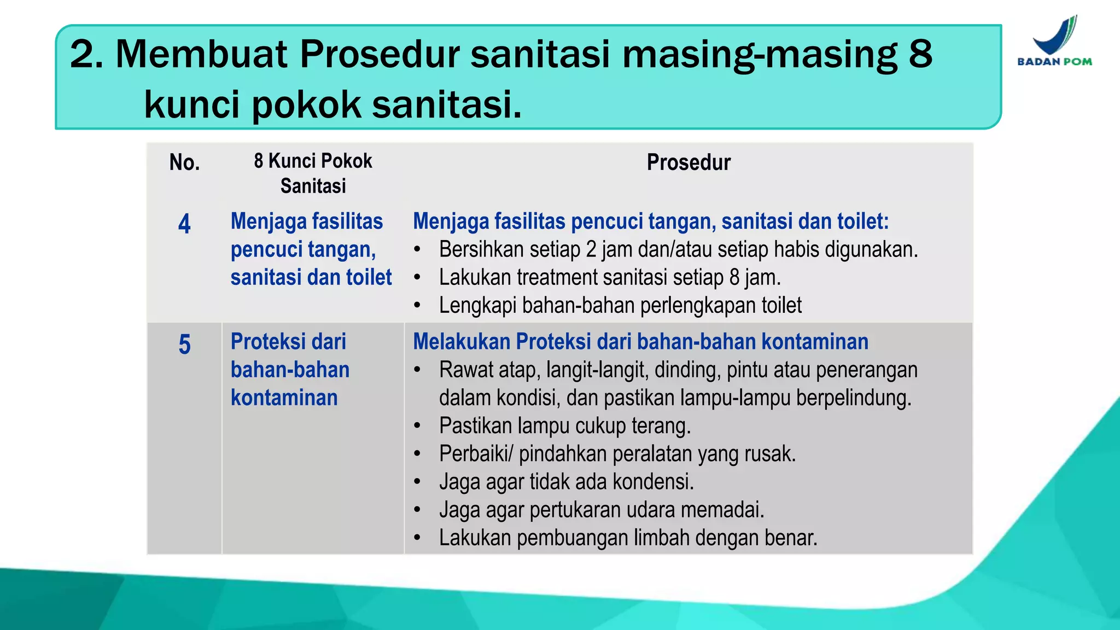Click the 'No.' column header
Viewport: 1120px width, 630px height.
(184, 162)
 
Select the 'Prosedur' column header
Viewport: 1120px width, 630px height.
(688, 162)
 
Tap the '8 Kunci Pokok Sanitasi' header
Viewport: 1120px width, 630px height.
(313, 173)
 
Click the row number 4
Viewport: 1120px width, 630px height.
(184, 224)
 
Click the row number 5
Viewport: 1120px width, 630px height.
(184, 345)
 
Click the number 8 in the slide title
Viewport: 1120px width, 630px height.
(920, 54)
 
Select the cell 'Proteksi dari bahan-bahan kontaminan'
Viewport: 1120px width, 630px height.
(290, 370)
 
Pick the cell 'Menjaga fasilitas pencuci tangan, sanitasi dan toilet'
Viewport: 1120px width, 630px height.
(311, 249)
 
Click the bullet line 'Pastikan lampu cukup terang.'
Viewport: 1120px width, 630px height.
(564, 426)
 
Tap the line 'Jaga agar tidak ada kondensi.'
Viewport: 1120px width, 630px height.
(566, 482)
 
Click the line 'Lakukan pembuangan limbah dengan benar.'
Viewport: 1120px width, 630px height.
(628, 538)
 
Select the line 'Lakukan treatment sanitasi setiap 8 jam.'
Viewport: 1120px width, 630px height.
(609, 278)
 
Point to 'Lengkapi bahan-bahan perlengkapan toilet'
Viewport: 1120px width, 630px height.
(620, 306)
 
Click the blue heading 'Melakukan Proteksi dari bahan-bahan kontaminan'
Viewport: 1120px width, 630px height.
(640, 342)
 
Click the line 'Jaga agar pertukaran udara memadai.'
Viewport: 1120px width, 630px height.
(601, 510)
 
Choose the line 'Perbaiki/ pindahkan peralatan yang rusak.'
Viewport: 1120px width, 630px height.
(617, 454)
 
